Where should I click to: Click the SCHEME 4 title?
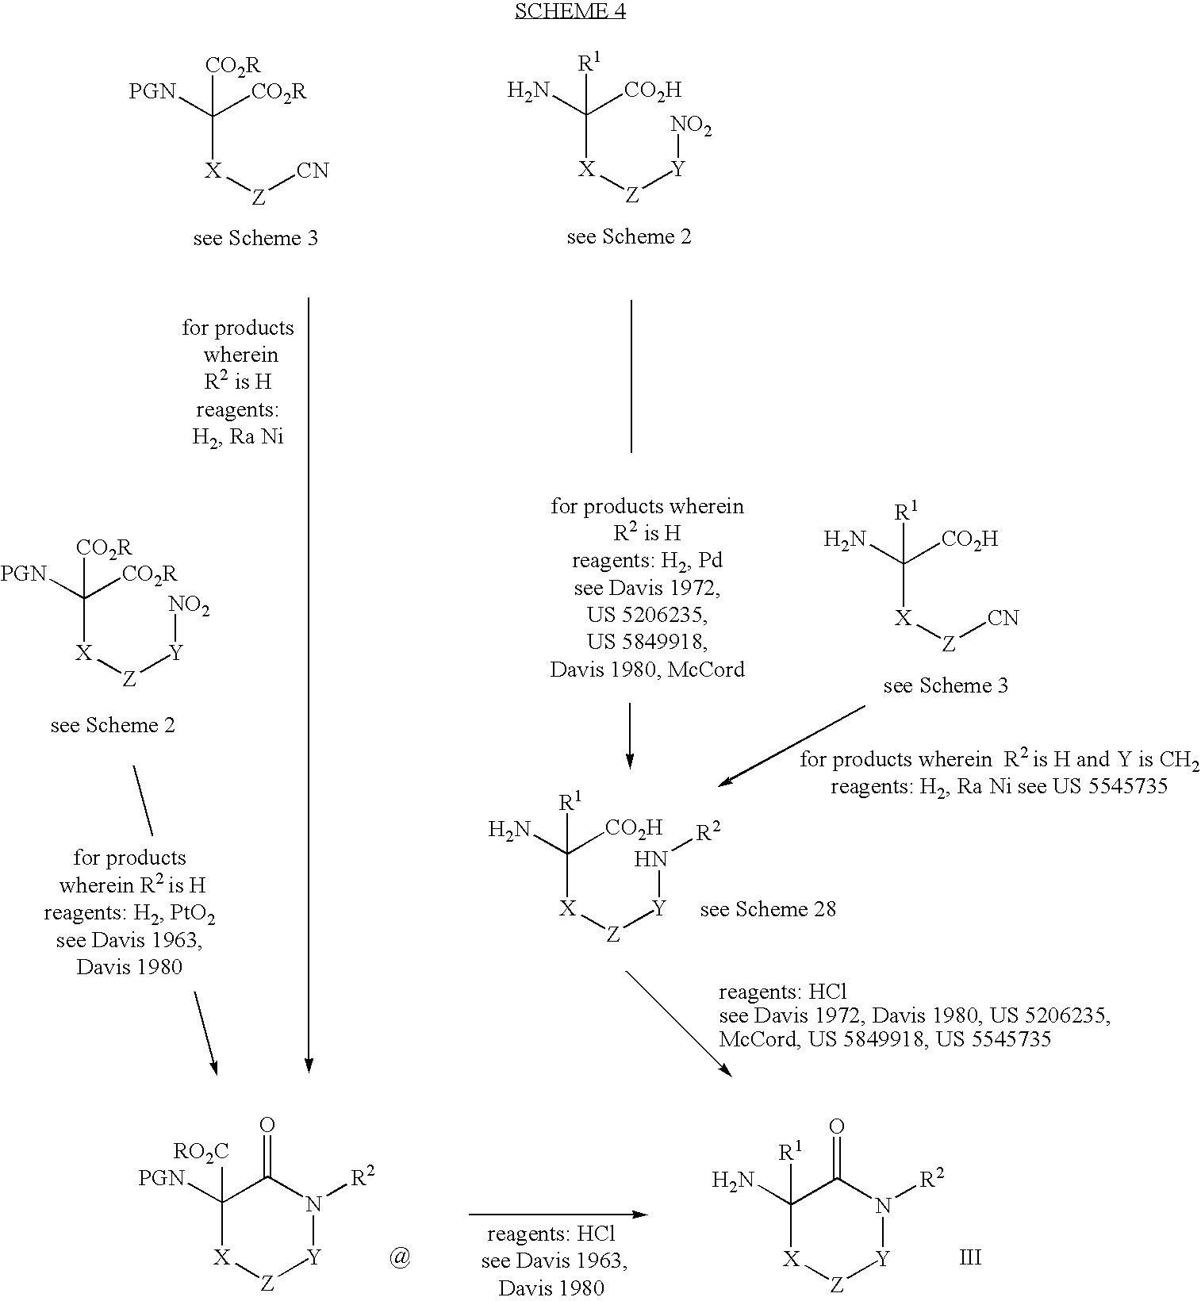point(570,11)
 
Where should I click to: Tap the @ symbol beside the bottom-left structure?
point(400,1258)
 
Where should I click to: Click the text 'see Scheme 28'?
point(767,909)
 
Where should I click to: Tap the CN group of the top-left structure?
point(313,171)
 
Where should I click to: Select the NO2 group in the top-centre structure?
point(691,125)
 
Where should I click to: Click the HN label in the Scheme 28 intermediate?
point(650,859)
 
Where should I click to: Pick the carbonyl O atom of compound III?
point(836,1126)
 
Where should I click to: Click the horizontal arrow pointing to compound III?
point(559,1215)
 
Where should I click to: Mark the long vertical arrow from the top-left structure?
point(309,682)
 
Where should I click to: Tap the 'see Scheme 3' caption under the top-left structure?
point(255,238)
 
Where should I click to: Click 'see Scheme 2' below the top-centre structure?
point(629,236)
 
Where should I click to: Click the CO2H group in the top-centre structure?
point(653,90)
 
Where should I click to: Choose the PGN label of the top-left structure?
point(152,92)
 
